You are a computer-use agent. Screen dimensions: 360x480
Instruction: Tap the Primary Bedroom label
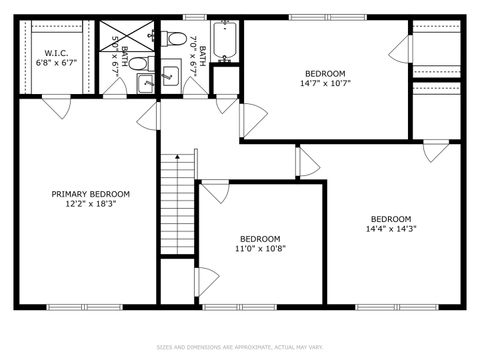[x=91, y=194]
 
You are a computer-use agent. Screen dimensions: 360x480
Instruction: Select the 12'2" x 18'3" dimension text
[x=91, y=204]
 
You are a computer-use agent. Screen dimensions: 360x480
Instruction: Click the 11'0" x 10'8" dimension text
[x=259, y=248]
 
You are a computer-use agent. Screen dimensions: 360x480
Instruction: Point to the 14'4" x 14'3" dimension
[x=390, y=229]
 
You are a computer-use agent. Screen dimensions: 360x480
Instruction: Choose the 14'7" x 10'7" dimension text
[x=325, y=83]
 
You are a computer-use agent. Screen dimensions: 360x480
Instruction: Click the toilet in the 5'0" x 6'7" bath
[x=140, y=65]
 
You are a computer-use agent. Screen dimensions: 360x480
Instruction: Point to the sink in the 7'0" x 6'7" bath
[x=171, y=72]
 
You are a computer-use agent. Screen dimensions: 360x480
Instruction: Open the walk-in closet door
[x=57, y=104]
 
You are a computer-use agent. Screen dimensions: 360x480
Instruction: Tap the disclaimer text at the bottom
[x=240, y=348]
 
